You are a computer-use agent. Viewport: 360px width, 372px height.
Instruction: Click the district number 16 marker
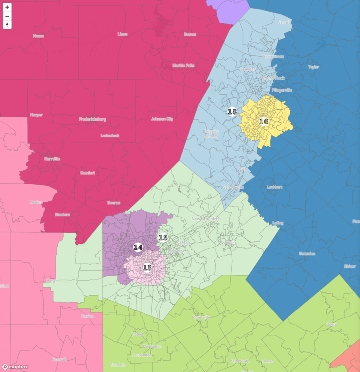(x=264, y=121)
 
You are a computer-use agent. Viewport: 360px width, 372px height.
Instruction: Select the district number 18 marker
(x=232, y=112)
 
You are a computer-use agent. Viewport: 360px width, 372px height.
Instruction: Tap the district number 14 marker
(x=138, y=247)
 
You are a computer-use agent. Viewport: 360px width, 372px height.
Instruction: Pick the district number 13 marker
(x=147, y=268)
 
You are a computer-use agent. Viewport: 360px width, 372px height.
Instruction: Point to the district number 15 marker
(x=163, y=238)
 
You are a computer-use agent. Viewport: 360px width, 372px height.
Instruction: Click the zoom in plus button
(x=7, y=7)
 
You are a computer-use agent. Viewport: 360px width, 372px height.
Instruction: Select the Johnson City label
(x=162, y=119)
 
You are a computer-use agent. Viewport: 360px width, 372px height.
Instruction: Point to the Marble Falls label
(x=183, y=65)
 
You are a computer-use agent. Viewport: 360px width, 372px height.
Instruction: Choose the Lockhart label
(x=274, y=187)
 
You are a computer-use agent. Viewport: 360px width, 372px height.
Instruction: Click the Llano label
(x=122, y=34)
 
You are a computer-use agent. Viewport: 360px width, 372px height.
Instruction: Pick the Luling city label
(x=277, y=223)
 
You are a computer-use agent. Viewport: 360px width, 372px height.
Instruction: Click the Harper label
(x=36, y=115)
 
